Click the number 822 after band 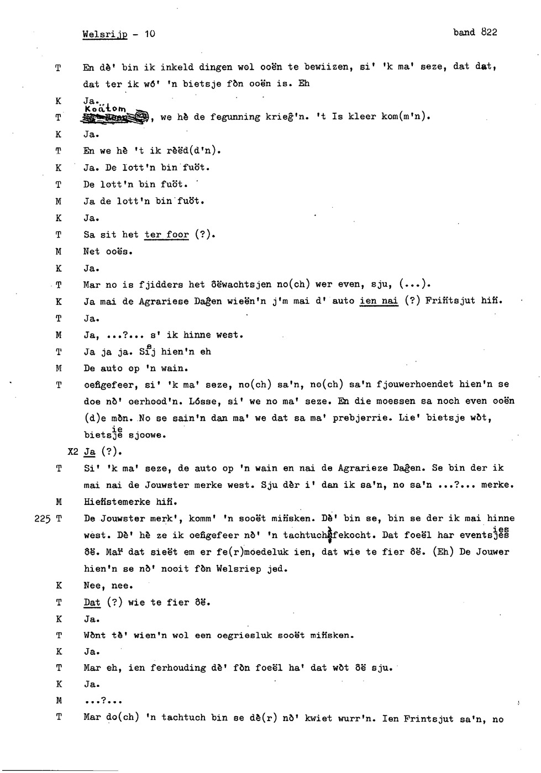coord(489,32)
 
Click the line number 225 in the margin coord(42,519)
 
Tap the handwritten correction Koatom coord(106,108)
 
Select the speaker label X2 coord(73,451)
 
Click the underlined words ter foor coord(167,234)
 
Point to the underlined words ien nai coord(379,301)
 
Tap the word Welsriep coord(239,569)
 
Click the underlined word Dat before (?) coord(92,602)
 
